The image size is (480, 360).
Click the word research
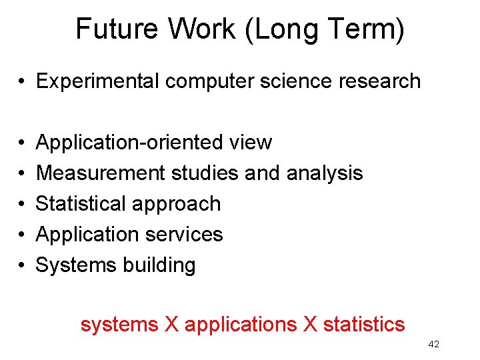379,81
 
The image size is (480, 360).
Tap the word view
250,143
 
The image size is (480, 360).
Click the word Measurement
100,173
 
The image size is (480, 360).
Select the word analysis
325,173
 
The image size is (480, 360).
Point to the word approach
180,204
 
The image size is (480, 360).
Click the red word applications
241,325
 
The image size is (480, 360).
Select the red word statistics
363,325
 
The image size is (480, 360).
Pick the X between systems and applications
171,325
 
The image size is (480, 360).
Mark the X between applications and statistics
310,325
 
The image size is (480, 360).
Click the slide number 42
433,344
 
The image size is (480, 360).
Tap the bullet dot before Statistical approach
22,204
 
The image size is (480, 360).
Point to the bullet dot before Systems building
22,265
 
